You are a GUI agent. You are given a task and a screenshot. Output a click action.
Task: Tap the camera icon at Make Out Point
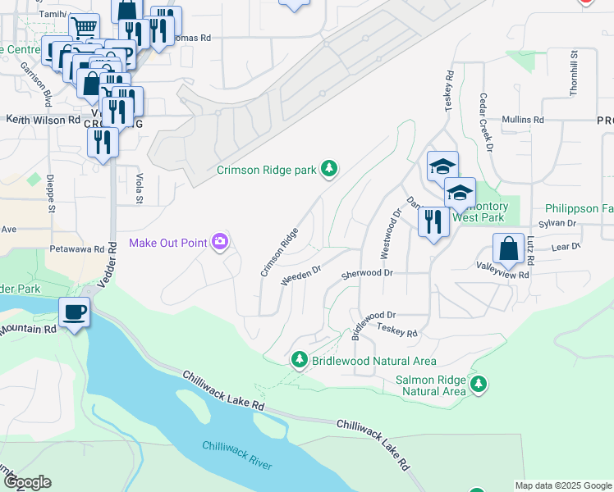coord(220,241)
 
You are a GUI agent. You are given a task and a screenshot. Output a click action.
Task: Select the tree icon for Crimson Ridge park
coord(329,169)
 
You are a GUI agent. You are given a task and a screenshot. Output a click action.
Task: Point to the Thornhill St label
coord(574,65)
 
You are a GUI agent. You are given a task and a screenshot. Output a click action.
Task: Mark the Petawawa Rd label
coord(76,248)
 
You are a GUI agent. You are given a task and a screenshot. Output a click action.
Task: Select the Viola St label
coord(139,188)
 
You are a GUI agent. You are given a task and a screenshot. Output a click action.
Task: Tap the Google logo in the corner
coord(26,482)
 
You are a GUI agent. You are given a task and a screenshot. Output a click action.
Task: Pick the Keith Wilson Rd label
coord(43,119)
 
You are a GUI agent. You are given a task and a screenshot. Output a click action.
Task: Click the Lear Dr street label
coord(565,245)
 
